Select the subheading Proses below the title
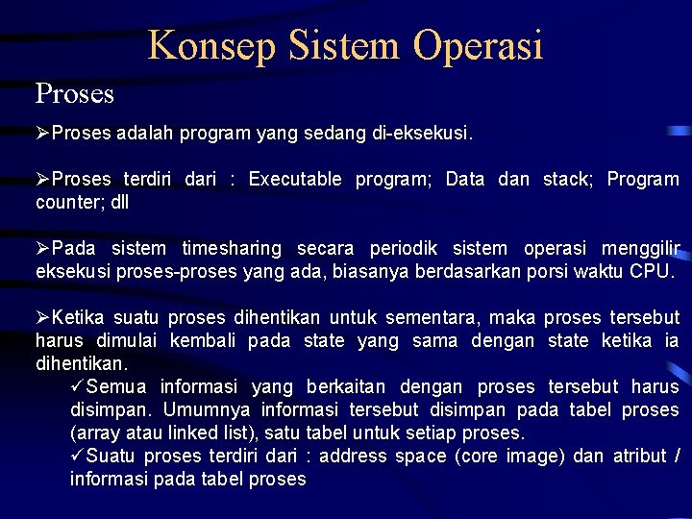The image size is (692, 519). coord(75,93)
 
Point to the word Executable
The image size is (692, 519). coord(295,180)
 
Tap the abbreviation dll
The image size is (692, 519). coord(119,203)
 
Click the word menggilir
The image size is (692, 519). coord(637,249)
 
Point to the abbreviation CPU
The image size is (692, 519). coord(651,272)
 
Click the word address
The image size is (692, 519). coord(357,457)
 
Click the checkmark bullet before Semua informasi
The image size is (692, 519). coord(78,387)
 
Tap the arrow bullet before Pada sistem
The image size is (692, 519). coord(43,249)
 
